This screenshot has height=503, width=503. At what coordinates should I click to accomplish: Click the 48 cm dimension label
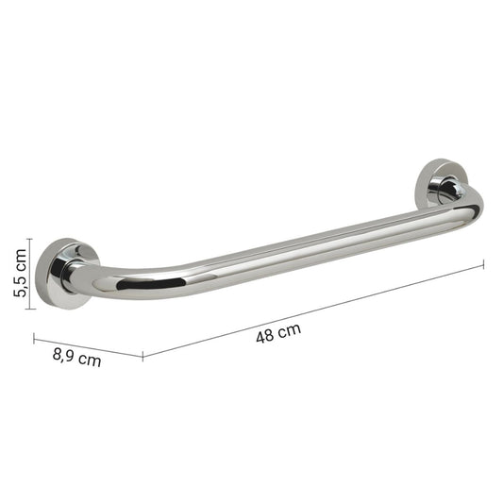click(278, 333)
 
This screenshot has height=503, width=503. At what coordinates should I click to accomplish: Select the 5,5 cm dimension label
click(20, 273)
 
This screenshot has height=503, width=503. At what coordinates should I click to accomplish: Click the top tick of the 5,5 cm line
click(30, 239)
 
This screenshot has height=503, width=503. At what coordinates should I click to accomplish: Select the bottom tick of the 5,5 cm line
click(30, 309)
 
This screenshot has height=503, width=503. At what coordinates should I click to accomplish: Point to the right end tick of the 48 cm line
click(483, 265)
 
